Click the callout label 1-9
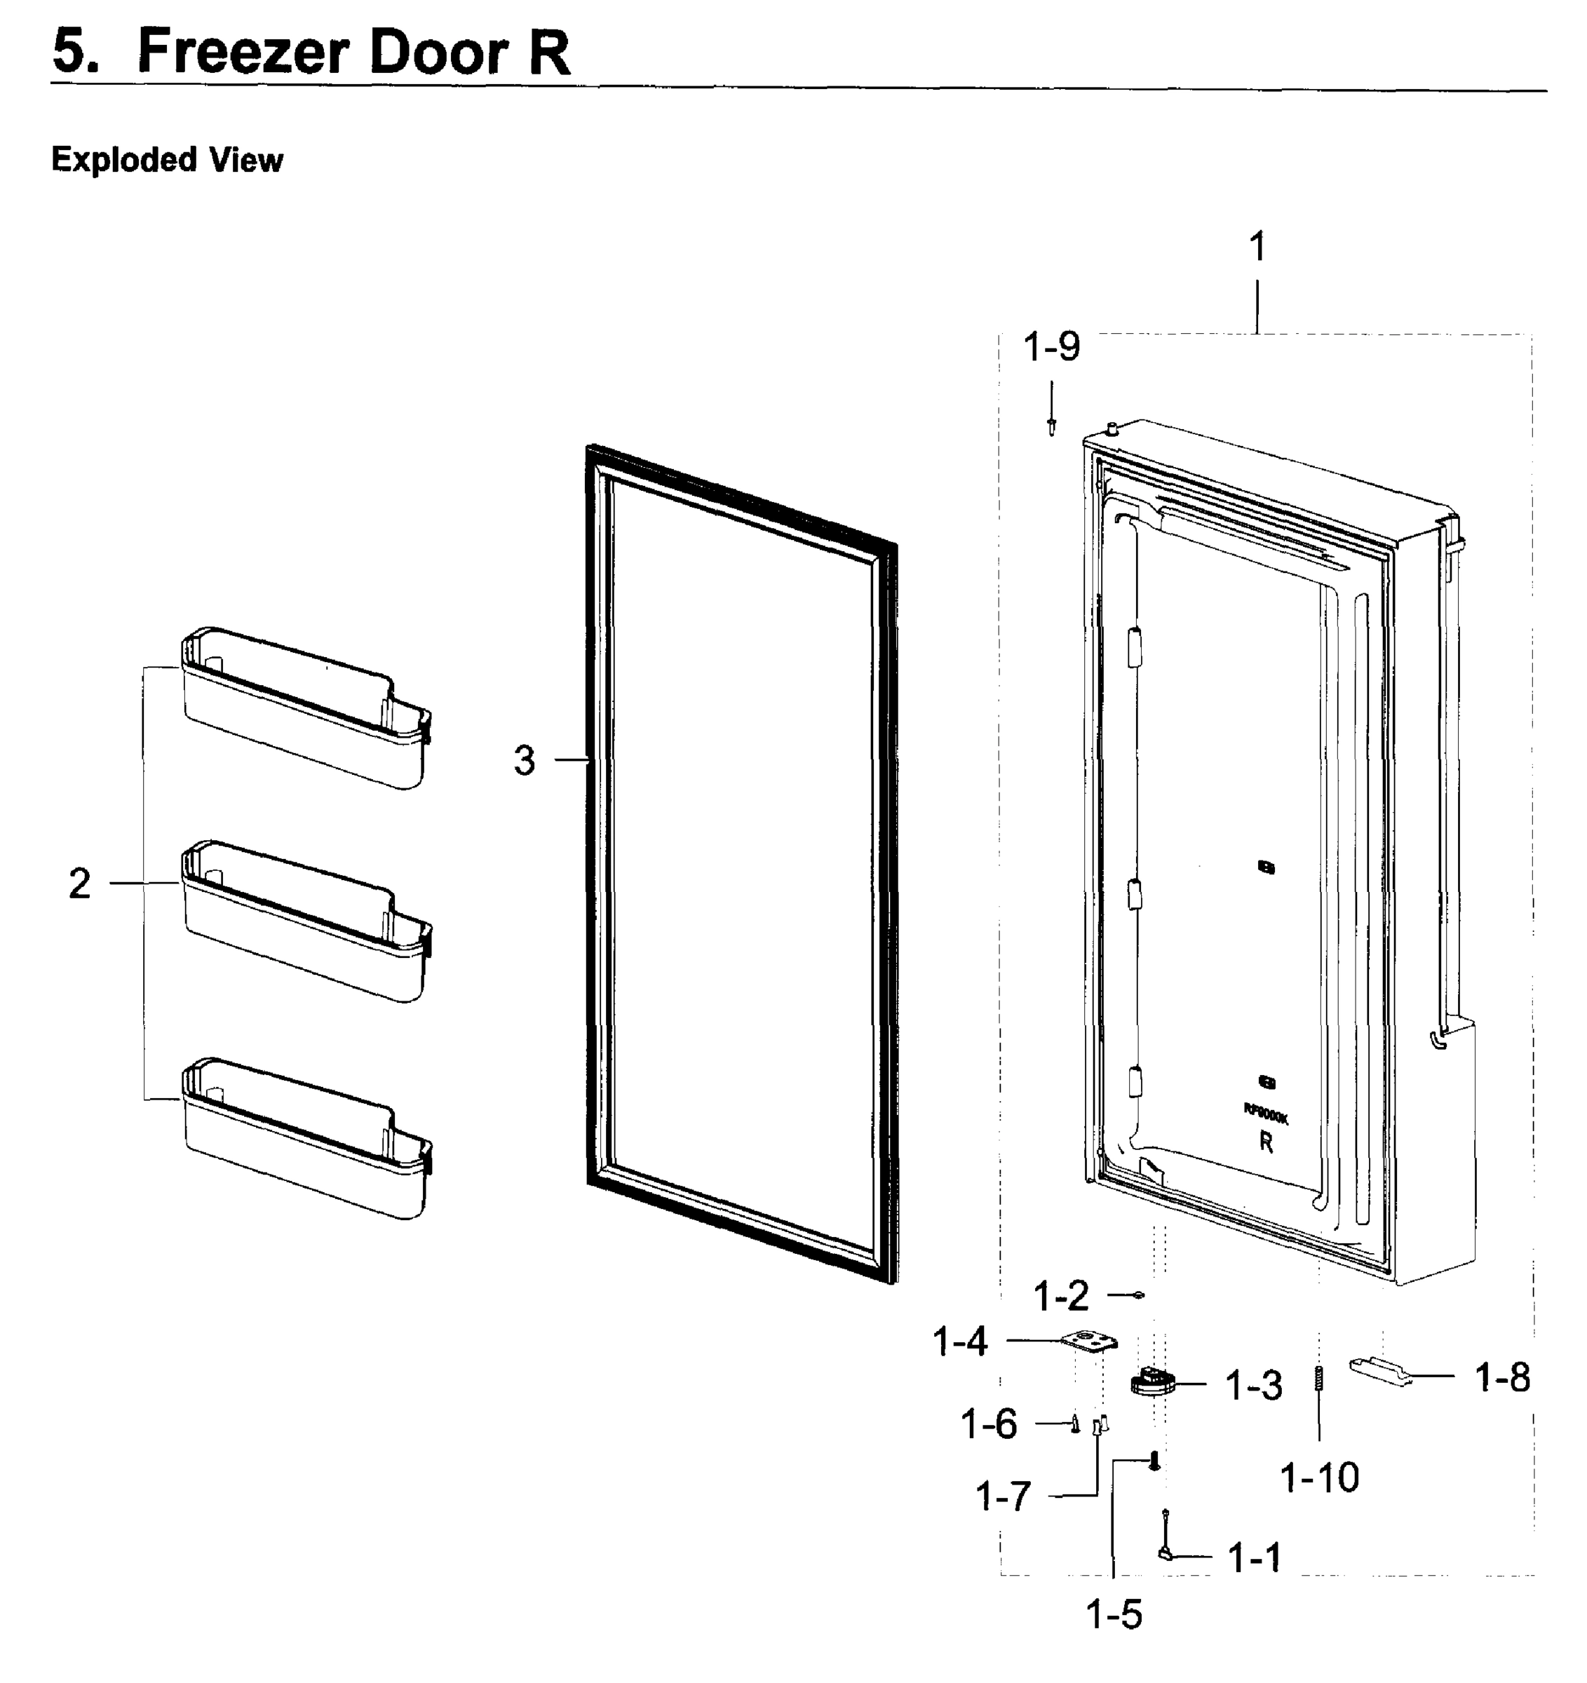[1051, 347]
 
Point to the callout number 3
[524, 759]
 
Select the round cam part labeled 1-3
[1153, 1382]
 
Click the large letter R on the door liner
[1267, 1142]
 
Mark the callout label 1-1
[1255, 1557]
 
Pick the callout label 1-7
[1004, 1496]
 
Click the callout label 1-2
[1061, 1296]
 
